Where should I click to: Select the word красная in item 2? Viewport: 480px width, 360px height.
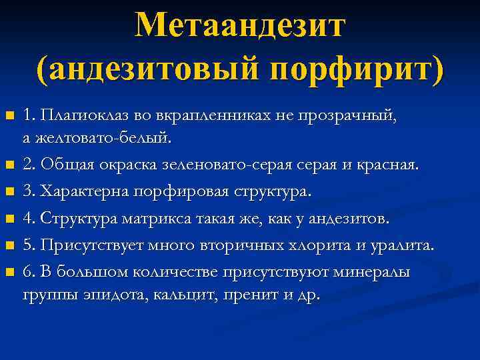coord(387,165)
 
